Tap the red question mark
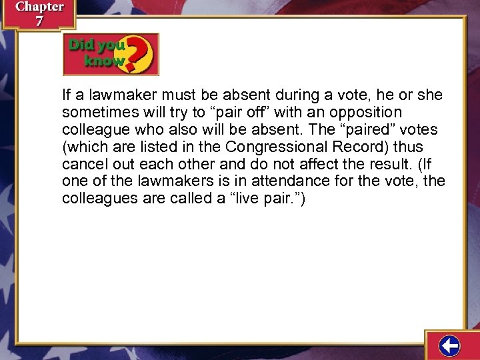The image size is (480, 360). point(140,53)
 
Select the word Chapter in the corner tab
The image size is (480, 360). point(39,7)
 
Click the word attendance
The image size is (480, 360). point(277,181)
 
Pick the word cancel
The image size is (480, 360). point(83,164)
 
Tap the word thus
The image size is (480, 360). point(407,147)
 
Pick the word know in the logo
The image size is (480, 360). point(103,61)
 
